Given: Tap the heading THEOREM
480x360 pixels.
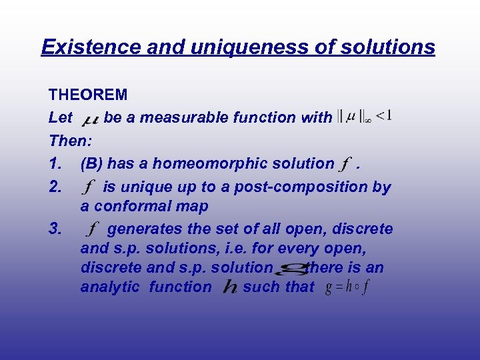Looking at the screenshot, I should (x=88, y=95).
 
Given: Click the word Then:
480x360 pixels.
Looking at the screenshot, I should (x=71, y=141).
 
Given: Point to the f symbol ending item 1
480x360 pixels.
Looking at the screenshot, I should (x=345, y=164).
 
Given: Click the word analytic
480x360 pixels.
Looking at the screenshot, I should (x=110, y=287).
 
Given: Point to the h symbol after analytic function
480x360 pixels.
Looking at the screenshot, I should (x=230, y=288).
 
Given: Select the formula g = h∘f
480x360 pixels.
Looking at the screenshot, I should (x=347, y=288).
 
